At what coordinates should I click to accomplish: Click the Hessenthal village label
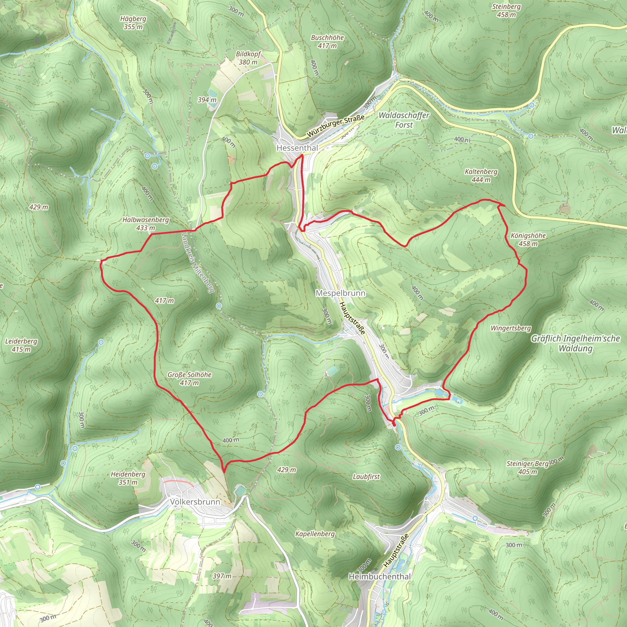(x=297, y=148)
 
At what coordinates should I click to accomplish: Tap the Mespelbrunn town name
(x=340, y=293)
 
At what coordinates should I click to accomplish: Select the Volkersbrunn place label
(x=195, y=502)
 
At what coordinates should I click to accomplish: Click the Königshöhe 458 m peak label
(x=528, y=239)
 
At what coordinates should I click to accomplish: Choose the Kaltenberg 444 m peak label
(x=481, y=175)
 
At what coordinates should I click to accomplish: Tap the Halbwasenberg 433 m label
(x=145, y=224)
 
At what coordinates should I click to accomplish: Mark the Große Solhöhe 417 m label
(x=190, y=379)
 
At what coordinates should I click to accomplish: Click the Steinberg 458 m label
(x=506, y=10)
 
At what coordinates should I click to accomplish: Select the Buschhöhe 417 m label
(x=327, y=42)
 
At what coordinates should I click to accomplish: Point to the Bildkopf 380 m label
(x=248, y=58)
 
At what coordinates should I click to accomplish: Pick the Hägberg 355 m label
(x=133, y=23)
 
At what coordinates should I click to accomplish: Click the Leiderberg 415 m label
(x=21, y=345)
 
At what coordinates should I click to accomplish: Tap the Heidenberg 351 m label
(x=128, y=478)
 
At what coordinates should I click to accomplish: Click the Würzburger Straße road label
(x=336, y=126)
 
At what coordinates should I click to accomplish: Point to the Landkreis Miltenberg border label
(x=198, y=263)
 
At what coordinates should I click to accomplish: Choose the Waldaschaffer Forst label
(x=404, y=120)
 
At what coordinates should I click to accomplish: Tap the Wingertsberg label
(x=510, y=328)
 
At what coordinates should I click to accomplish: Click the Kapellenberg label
(x=315, y=534)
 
